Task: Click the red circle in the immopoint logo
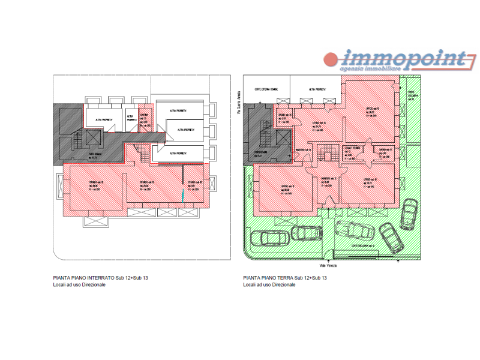pyautogui.click(x=331, y=59)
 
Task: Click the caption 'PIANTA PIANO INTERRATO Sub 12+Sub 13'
pyautogui.click(x=100, y=278)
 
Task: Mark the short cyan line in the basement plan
pyautogui.click(x=182, y=195)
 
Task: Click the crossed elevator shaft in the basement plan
pyautogui.click(x=93, y=138)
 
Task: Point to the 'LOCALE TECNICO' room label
pyautogui.click(x=352, y=149)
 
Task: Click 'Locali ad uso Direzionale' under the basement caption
pyautogui.click(x=79, y=284)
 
